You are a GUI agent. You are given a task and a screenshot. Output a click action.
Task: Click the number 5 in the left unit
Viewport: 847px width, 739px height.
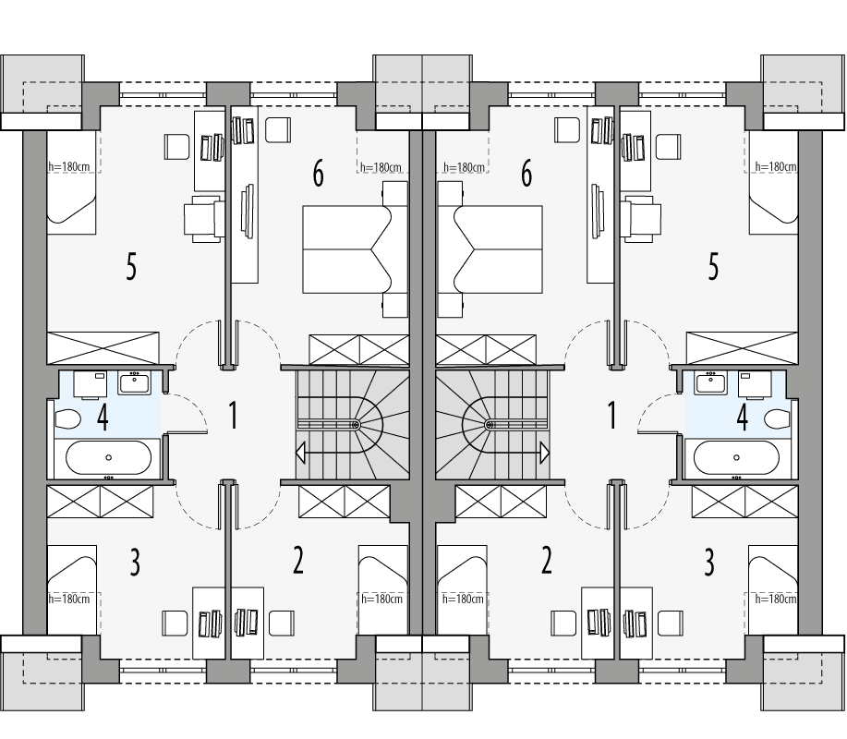(131, 267)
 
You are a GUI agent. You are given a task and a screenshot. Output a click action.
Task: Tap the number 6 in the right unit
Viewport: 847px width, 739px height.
(526, 172)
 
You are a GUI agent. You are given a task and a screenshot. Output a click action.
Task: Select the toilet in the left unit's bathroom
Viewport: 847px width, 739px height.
(67, 421)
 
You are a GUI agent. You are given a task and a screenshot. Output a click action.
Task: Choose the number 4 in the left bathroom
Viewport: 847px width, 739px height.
(103, 418)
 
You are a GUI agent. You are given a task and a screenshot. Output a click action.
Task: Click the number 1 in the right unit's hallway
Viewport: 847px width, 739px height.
(611, 415)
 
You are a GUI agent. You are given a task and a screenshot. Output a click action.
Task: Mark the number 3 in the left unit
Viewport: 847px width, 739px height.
(135, 562)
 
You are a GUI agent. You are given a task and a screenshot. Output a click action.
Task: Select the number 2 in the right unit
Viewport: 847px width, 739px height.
(547, 560)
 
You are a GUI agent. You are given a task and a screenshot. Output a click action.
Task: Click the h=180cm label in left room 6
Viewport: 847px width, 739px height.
(381, 167)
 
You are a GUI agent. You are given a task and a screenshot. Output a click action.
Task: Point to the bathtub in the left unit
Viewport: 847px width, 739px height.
(108, 456)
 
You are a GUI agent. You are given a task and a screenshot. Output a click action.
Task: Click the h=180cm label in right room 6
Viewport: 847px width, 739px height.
(464, 167)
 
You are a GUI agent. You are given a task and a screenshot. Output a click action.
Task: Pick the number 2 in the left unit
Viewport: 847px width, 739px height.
(297, 560)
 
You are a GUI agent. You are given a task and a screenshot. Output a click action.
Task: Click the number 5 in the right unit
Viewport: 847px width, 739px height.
(712, 267)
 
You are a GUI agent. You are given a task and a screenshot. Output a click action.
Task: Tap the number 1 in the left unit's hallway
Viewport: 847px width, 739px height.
(233, 415)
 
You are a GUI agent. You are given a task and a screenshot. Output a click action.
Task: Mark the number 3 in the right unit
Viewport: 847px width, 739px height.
(709, 562)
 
